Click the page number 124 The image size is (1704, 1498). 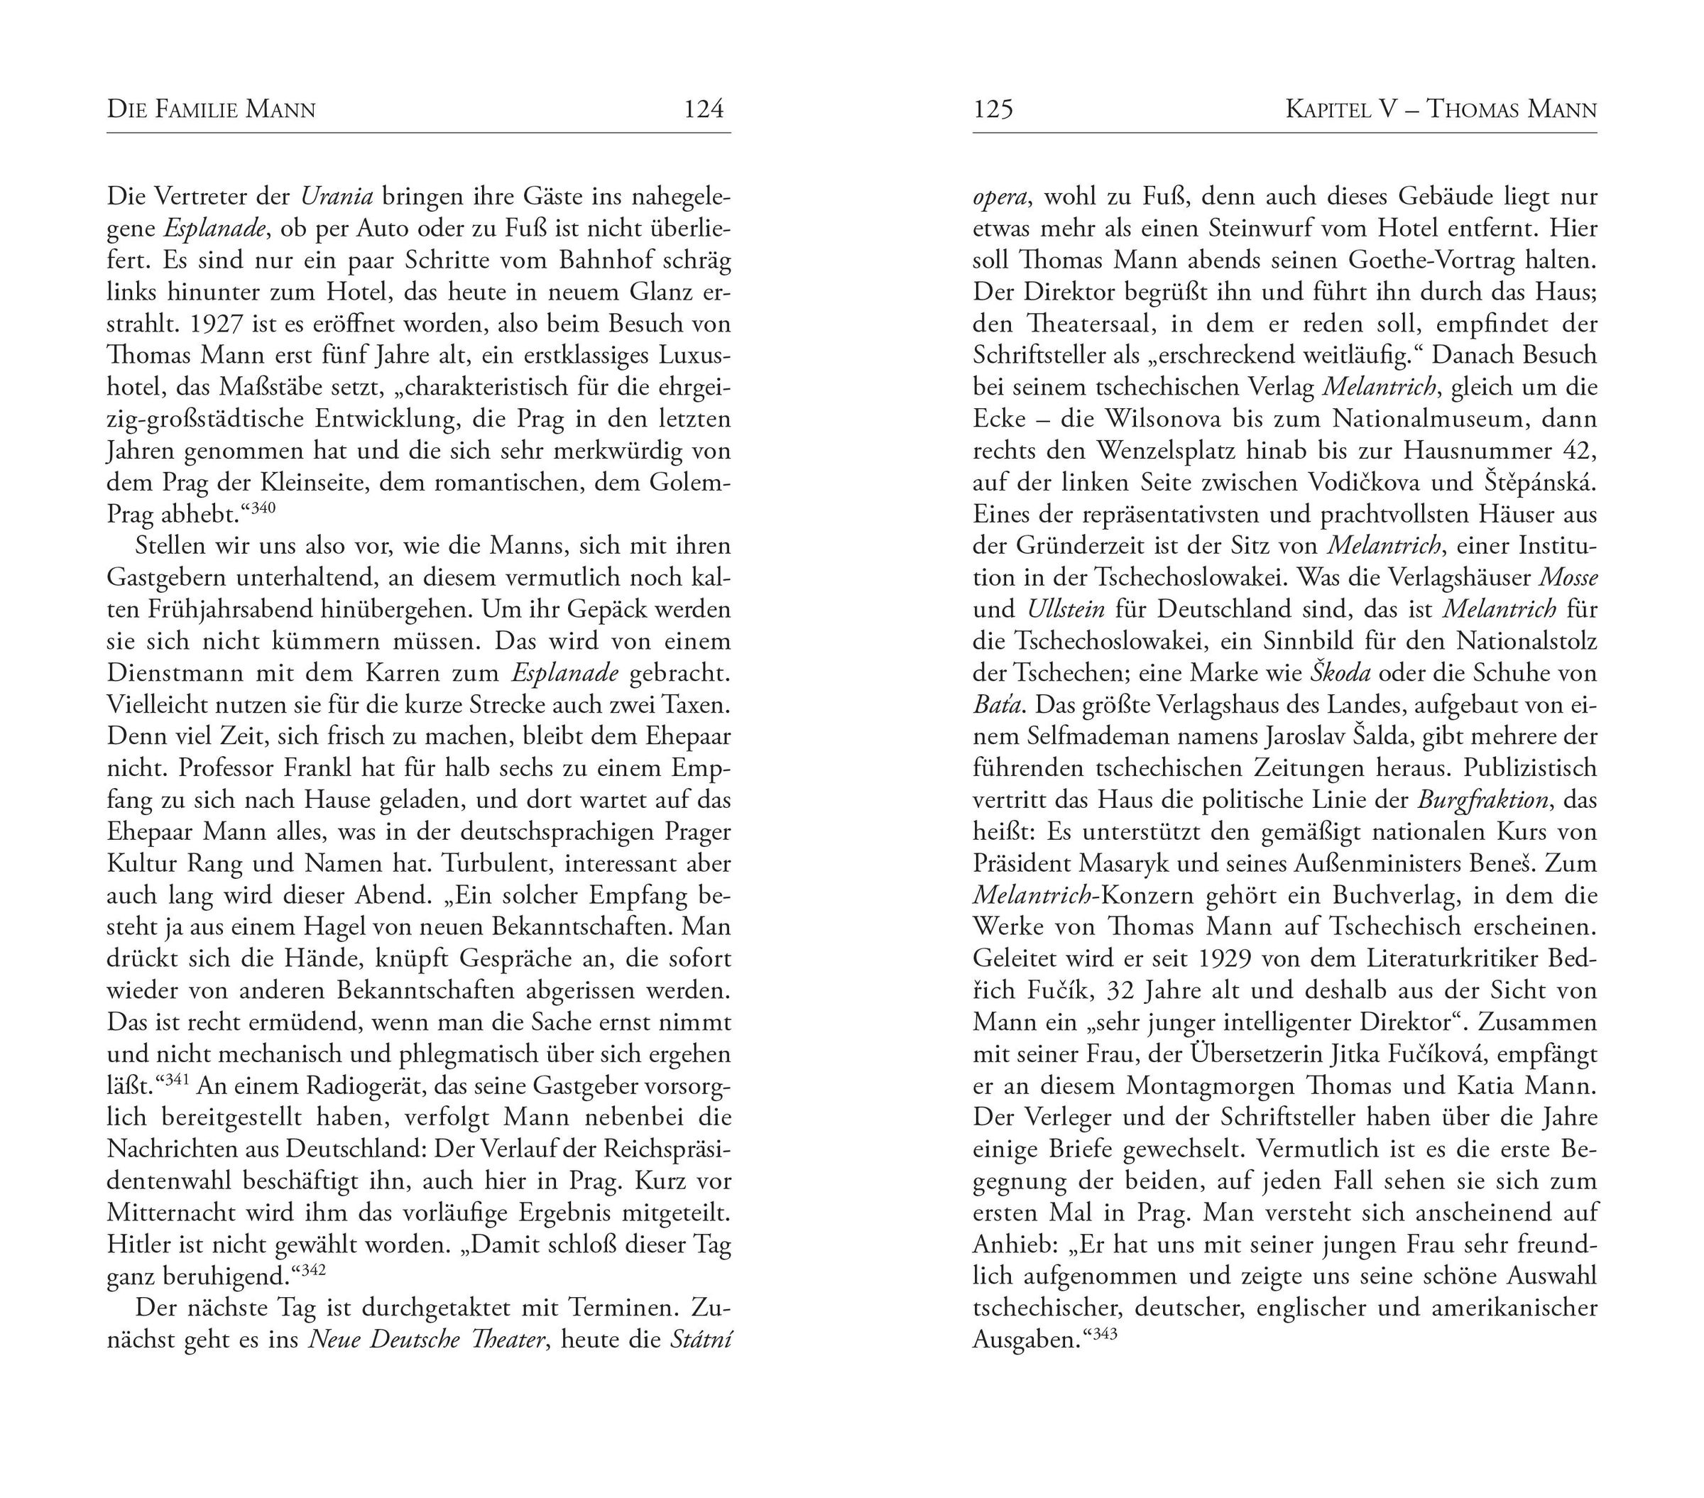[x=703, y=109]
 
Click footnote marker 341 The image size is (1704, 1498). [x=177, y=1080]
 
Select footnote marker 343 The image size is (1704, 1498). [x=1103, y=1334]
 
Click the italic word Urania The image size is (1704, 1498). [x=336, y=197]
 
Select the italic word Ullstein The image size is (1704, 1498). [x=1066, y=610]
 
